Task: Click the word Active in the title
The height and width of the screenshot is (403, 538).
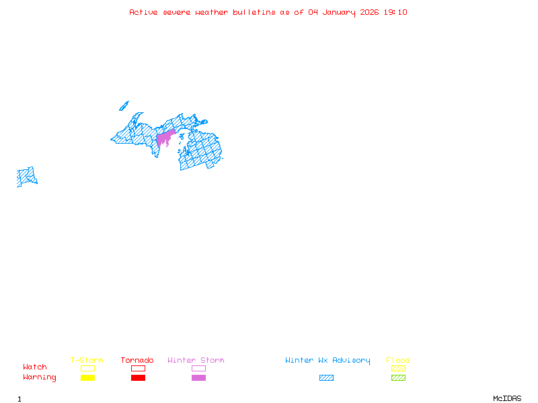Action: pos(144,12)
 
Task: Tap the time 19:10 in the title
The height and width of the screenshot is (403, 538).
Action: pos(395,12)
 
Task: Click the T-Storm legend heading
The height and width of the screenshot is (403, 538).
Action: pos(87,360)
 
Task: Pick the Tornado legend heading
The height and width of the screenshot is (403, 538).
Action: pos(137,360)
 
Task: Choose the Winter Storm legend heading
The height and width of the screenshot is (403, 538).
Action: pos(196,360)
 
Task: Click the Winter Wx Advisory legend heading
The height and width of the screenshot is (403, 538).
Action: pos(328,360)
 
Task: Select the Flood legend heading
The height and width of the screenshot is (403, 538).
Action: pos(398,360)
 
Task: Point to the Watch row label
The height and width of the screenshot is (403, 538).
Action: pos(35,367)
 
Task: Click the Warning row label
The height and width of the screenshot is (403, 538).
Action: pos(40,377)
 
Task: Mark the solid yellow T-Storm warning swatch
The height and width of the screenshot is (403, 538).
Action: pos(87,377)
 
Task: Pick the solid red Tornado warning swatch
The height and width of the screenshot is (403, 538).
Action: pos(138,377)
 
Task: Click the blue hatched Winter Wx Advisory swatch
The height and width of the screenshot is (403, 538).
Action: pos(326,377)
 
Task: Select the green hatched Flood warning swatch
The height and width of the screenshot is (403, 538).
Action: pos(398,377)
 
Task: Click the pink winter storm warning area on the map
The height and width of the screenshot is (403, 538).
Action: pos(164,138)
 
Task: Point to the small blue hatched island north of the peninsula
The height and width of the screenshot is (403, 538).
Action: pos(124,105)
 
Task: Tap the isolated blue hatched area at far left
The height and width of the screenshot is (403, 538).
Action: pos(26,177)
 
